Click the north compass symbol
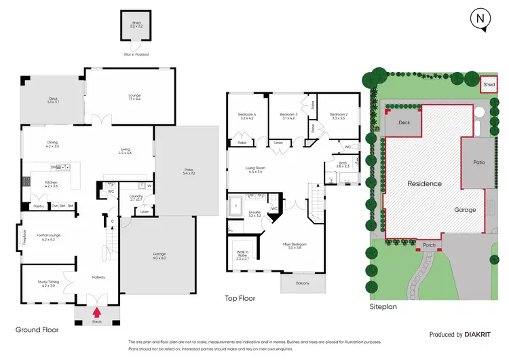coord(480,20)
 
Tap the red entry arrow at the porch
coord(96,312)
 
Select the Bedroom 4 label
coord(246,115)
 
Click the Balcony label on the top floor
coord(301,283)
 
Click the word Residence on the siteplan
coord(425,183)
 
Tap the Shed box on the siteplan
coord(489,85)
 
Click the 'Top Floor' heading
coord(240,298)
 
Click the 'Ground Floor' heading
coord(37,329)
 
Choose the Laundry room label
coord(134,198)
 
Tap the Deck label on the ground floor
coord(54,99)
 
